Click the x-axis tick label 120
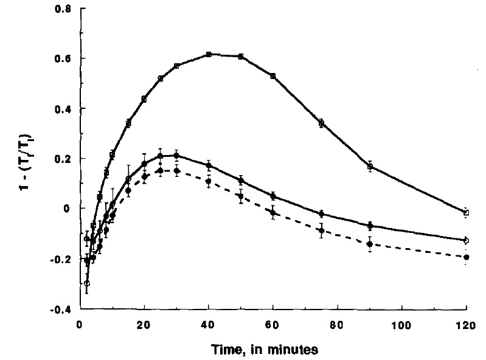[x=466, y=325]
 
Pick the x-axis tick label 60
[x=273, y=325]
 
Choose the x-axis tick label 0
[x=80, y=325]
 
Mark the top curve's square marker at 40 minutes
[x=209, y=54]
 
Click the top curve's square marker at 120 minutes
[x=467, y=213]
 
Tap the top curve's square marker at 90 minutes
[x=370, y=166]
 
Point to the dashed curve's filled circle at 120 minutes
[x=467, y=257]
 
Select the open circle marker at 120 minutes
[x=467, y=241]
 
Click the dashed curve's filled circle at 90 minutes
[x=370, y=244]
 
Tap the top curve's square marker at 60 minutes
[x=273, y=76]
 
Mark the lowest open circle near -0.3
[x=87, y=283]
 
